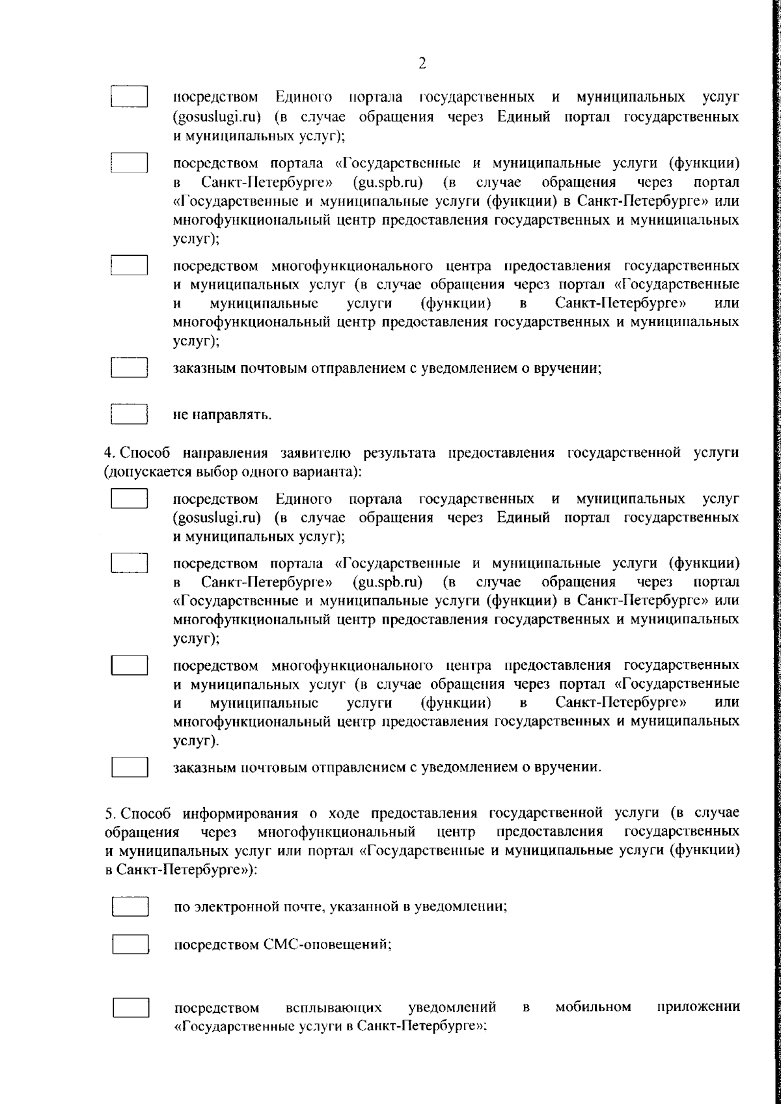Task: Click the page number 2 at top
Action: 422,63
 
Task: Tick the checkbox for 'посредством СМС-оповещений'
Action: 131,944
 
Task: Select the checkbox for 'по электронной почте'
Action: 131,907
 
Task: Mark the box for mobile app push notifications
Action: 131,1008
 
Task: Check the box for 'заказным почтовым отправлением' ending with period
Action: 131,767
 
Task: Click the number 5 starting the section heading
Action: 109,813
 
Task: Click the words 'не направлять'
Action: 221,415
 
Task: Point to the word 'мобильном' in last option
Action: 593,1007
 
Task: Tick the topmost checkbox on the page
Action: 130,96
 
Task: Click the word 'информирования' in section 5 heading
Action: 240,814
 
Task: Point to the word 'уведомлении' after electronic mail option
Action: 466,907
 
